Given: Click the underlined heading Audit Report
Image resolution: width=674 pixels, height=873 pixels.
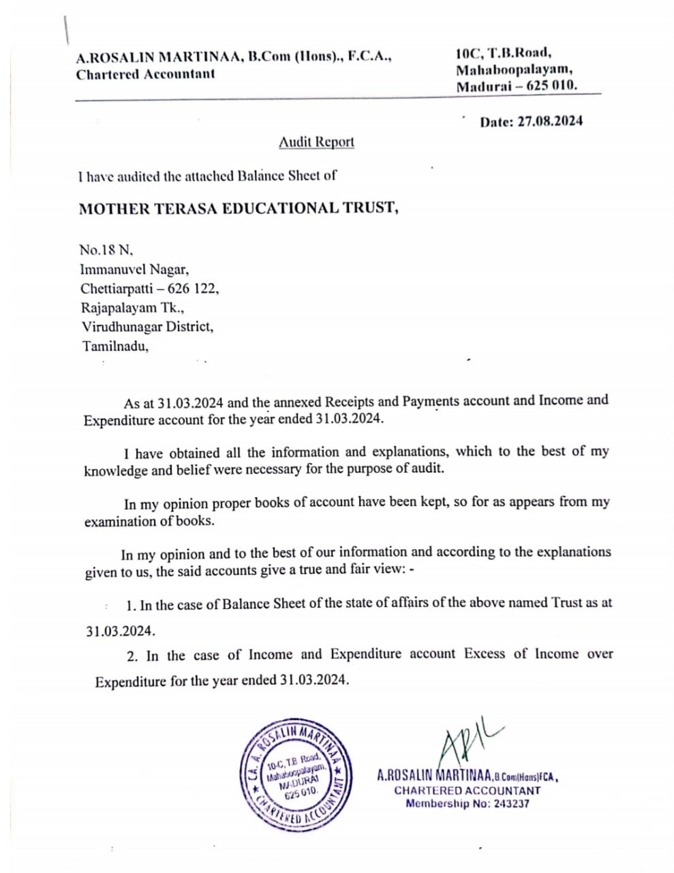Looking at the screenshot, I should (x=316, y=142).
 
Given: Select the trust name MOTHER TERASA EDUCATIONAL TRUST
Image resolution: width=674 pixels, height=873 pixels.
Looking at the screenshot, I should (x=239, y=208).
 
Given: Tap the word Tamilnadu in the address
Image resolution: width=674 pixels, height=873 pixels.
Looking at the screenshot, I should (x=114, y=346).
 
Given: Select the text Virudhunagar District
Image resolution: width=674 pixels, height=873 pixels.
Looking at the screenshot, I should (x=147, y=327).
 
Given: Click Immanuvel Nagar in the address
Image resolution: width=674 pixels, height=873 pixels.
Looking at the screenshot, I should (x=134, y=269).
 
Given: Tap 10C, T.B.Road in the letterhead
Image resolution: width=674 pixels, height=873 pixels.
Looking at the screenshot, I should (x=504, y=53).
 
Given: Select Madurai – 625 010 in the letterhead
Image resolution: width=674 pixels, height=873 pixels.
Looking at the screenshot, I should (x=517, y=86).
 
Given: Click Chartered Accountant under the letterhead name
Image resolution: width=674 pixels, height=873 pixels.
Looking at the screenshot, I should (x=145, y=74).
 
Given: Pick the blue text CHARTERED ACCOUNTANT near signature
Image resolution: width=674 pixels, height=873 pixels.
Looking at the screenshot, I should (x=467, y=790).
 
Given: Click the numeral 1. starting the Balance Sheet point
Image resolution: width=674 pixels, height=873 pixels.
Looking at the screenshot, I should (x=131, y=605).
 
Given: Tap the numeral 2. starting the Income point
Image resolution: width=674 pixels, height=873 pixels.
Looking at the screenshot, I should (x=132, y=656).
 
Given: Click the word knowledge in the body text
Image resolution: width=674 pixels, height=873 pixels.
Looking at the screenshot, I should (x=116, y=471).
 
